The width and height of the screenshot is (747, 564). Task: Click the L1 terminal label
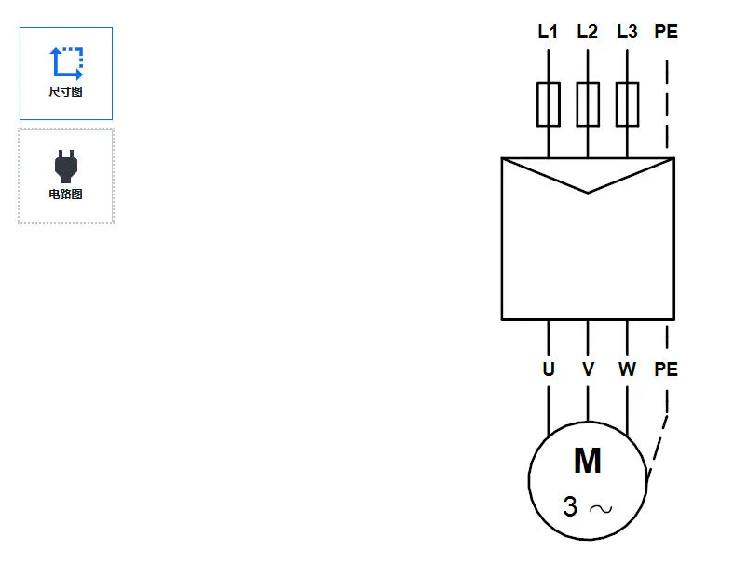click(548, 32)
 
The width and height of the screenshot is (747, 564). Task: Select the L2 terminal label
click(587, 32)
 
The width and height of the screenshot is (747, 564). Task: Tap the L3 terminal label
click(627, 32)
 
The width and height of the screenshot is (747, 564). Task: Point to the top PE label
click(666, 32)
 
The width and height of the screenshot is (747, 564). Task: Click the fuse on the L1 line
click(549, 103)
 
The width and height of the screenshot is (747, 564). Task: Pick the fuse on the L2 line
click(588, 103)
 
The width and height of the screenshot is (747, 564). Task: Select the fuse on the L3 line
click(627, 103)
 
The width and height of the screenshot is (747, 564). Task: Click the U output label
click(549, 369)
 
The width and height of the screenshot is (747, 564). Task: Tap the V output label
click(588, 369)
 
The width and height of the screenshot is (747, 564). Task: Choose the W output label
click(627, 369)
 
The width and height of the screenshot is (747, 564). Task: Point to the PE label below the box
click(666, 369)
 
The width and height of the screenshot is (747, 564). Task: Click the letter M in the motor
click(587, 461)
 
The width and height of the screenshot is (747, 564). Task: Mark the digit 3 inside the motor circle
click(570, 507)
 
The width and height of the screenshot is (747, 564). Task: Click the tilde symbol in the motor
click(601, 509)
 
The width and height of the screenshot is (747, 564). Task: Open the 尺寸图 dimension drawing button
click(66, 74)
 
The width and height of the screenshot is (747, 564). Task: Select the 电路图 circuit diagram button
click(66, 176)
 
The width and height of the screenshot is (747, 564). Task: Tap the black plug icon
click(65, 165)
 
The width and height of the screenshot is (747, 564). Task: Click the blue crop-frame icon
click(66, 62)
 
